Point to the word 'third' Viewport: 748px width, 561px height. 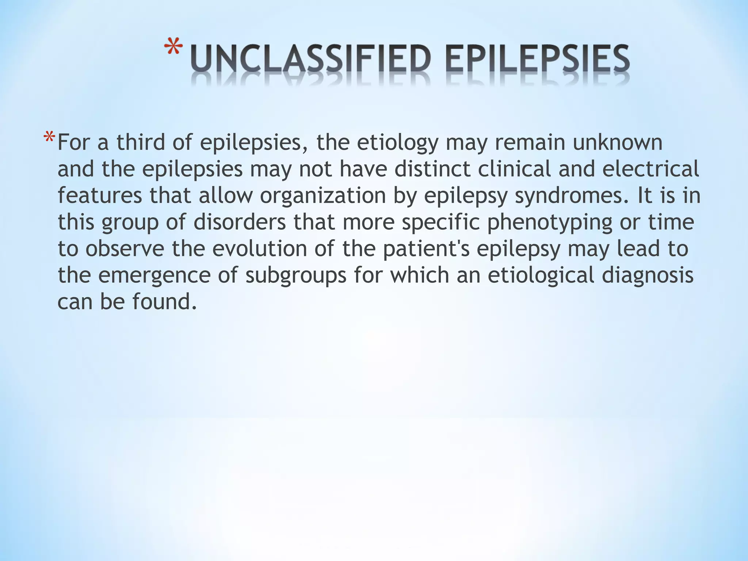pos(141,142)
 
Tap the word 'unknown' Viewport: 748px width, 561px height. pos(617,142)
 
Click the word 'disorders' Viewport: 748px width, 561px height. pos(240,222)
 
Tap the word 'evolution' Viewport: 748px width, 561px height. pos(260,249)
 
